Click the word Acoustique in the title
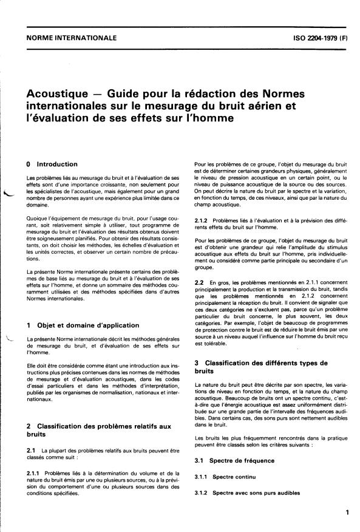tap(59, 94)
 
